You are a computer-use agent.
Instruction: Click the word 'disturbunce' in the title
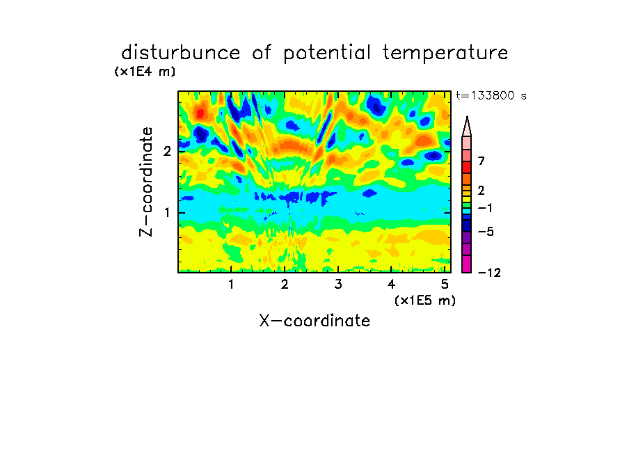pyautogui.click(x=181, y=53)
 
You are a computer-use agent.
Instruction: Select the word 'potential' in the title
pyautogui.click(x=327, y=54)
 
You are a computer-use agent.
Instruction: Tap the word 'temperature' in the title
pyautogui.click(x=445, y=54)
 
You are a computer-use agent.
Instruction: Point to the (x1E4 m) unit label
pyautogui.click(x=145, y=72)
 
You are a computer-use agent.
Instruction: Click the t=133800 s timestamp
pyautogui.click(x=491, y=95)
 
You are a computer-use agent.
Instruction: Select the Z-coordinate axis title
pyautogui.click(x=146, y=182)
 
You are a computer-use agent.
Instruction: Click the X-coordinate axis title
pyautogui.click(x=314, y=321)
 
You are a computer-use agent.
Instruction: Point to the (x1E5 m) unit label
pyautogui.click(x=425, y=301)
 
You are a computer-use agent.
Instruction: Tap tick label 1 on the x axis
pyautogui.click(x=231, y=285)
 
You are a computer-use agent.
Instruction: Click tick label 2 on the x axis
pyautogui.click(x=285, y=285)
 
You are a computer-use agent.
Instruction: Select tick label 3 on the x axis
pyautogui.click(x=338, y=285)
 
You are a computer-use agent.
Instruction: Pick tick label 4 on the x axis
pyautogui.click(x=391, y=285)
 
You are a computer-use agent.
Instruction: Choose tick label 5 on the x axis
pyautogui.click(x=445, y=285)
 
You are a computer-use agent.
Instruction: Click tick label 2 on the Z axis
pyautogui.click(x=167, y=152)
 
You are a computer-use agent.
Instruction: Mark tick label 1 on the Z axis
pyautogui.click(x=167, y=213)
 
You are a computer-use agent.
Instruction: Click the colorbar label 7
pyautogui.click(x=481, y=161)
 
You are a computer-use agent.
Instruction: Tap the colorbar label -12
pyautogui.click(x=489, y=273)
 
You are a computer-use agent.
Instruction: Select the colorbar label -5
pyautogui.click(x=486, y=232)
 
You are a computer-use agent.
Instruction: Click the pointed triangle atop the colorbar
pyautogui.click(x=467, y=126)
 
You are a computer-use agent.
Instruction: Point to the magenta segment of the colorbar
pyautogui.click(x=467, y=264)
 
